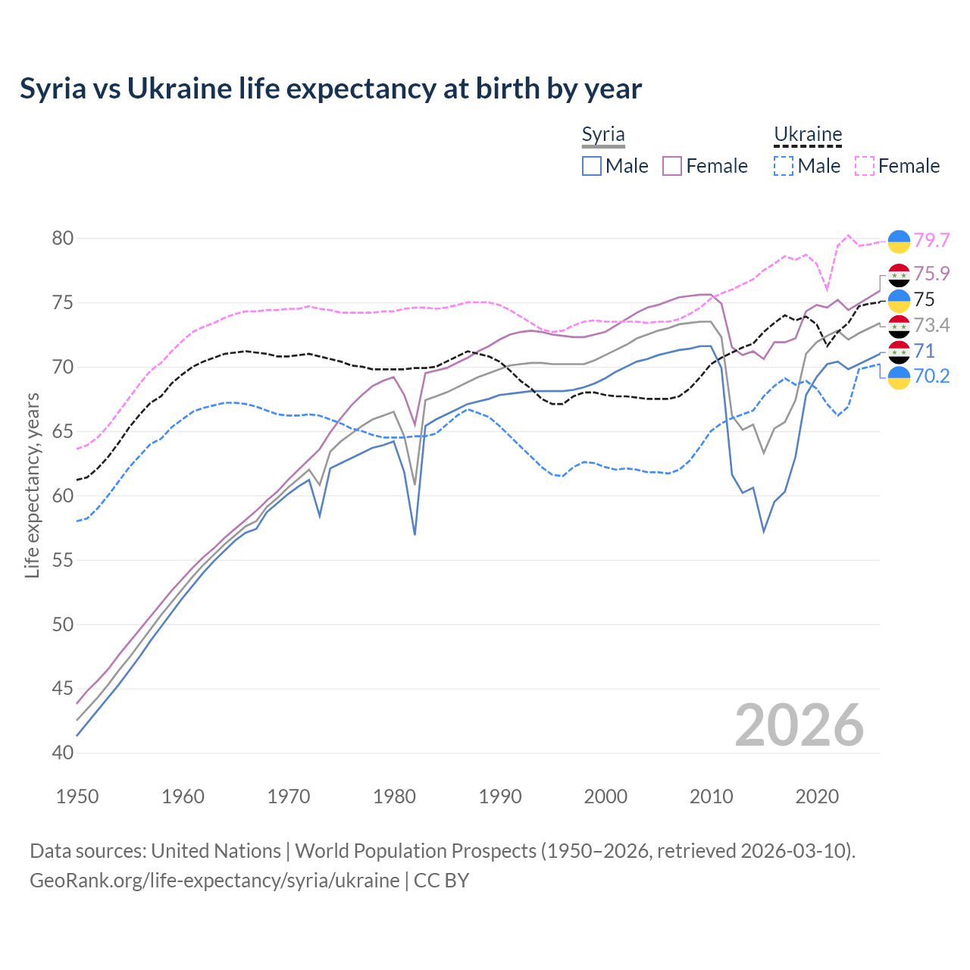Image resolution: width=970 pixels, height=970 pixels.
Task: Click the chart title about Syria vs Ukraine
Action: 330,89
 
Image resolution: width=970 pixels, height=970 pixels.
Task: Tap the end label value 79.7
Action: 931,240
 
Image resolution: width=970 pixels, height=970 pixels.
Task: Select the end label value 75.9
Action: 931,274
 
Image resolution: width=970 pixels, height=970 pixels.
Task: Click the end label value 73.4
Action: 931,325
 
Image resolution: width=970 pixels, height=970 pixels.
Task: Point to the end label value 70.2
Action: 931,377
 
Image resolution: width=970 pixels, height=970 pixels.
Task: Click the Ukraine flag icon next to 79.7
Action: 899,240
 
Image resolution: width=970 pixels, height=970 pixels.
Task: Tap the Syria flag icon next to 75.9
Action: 899,274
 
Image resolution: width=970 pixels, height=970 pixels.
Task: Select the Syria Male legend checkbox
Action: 592,166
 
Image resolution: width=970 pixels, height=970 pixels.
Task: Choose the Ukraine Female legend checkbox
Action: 865,166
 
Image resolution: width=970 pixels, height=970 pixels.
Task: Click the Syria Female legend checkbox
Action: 672,166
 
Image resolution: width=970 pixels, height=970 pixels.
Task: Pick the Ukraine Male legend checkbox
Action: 784,166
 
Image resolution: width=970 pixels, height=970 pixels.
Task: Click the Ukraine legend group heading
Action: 808,135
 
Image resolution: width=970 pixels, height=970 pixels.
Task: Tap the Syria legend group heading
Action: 603,135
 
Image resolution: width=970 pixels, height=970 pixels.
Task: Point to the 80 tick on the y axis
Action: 63,239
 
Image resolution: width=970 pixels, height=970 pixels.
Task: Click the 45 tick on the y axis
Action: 63,689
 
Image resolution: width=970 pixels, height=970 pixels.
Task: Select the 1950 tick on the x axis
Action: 77,796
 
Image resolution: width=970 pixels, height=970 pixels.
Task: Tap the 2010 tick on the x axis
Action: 711,796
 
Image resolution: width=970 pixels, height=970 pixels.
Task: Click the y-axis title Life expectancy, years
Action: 32,485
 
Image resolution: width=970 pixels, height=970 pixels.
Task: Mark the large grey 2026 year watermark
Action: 799,725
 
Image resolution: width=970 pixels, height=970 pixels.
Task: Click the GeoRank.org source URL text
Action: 214,881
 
